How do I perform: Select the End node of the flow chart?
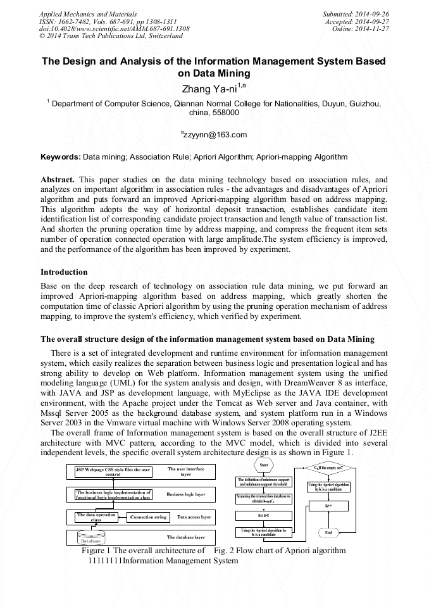tap(328, 532)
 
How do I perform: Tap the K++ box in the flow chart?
tap(328, 506)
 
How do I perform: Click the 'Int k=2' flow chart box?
tap(264, 516)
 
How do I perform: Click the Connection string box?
tap(148, 517)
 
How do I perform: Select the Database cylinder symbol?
tap(89, 538)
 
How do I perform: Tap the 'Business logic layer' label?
tap(185, 494)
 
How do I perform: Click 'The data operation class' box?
tap(96, 517)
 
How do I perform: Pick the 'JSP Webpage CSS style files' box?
tap(113, 472)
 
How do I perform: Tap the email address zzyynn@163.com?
tap(214, 134)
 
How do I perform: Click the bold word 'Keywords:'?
tap(61, 156)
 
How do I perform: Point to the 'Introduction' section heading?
tap(64, 272)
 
